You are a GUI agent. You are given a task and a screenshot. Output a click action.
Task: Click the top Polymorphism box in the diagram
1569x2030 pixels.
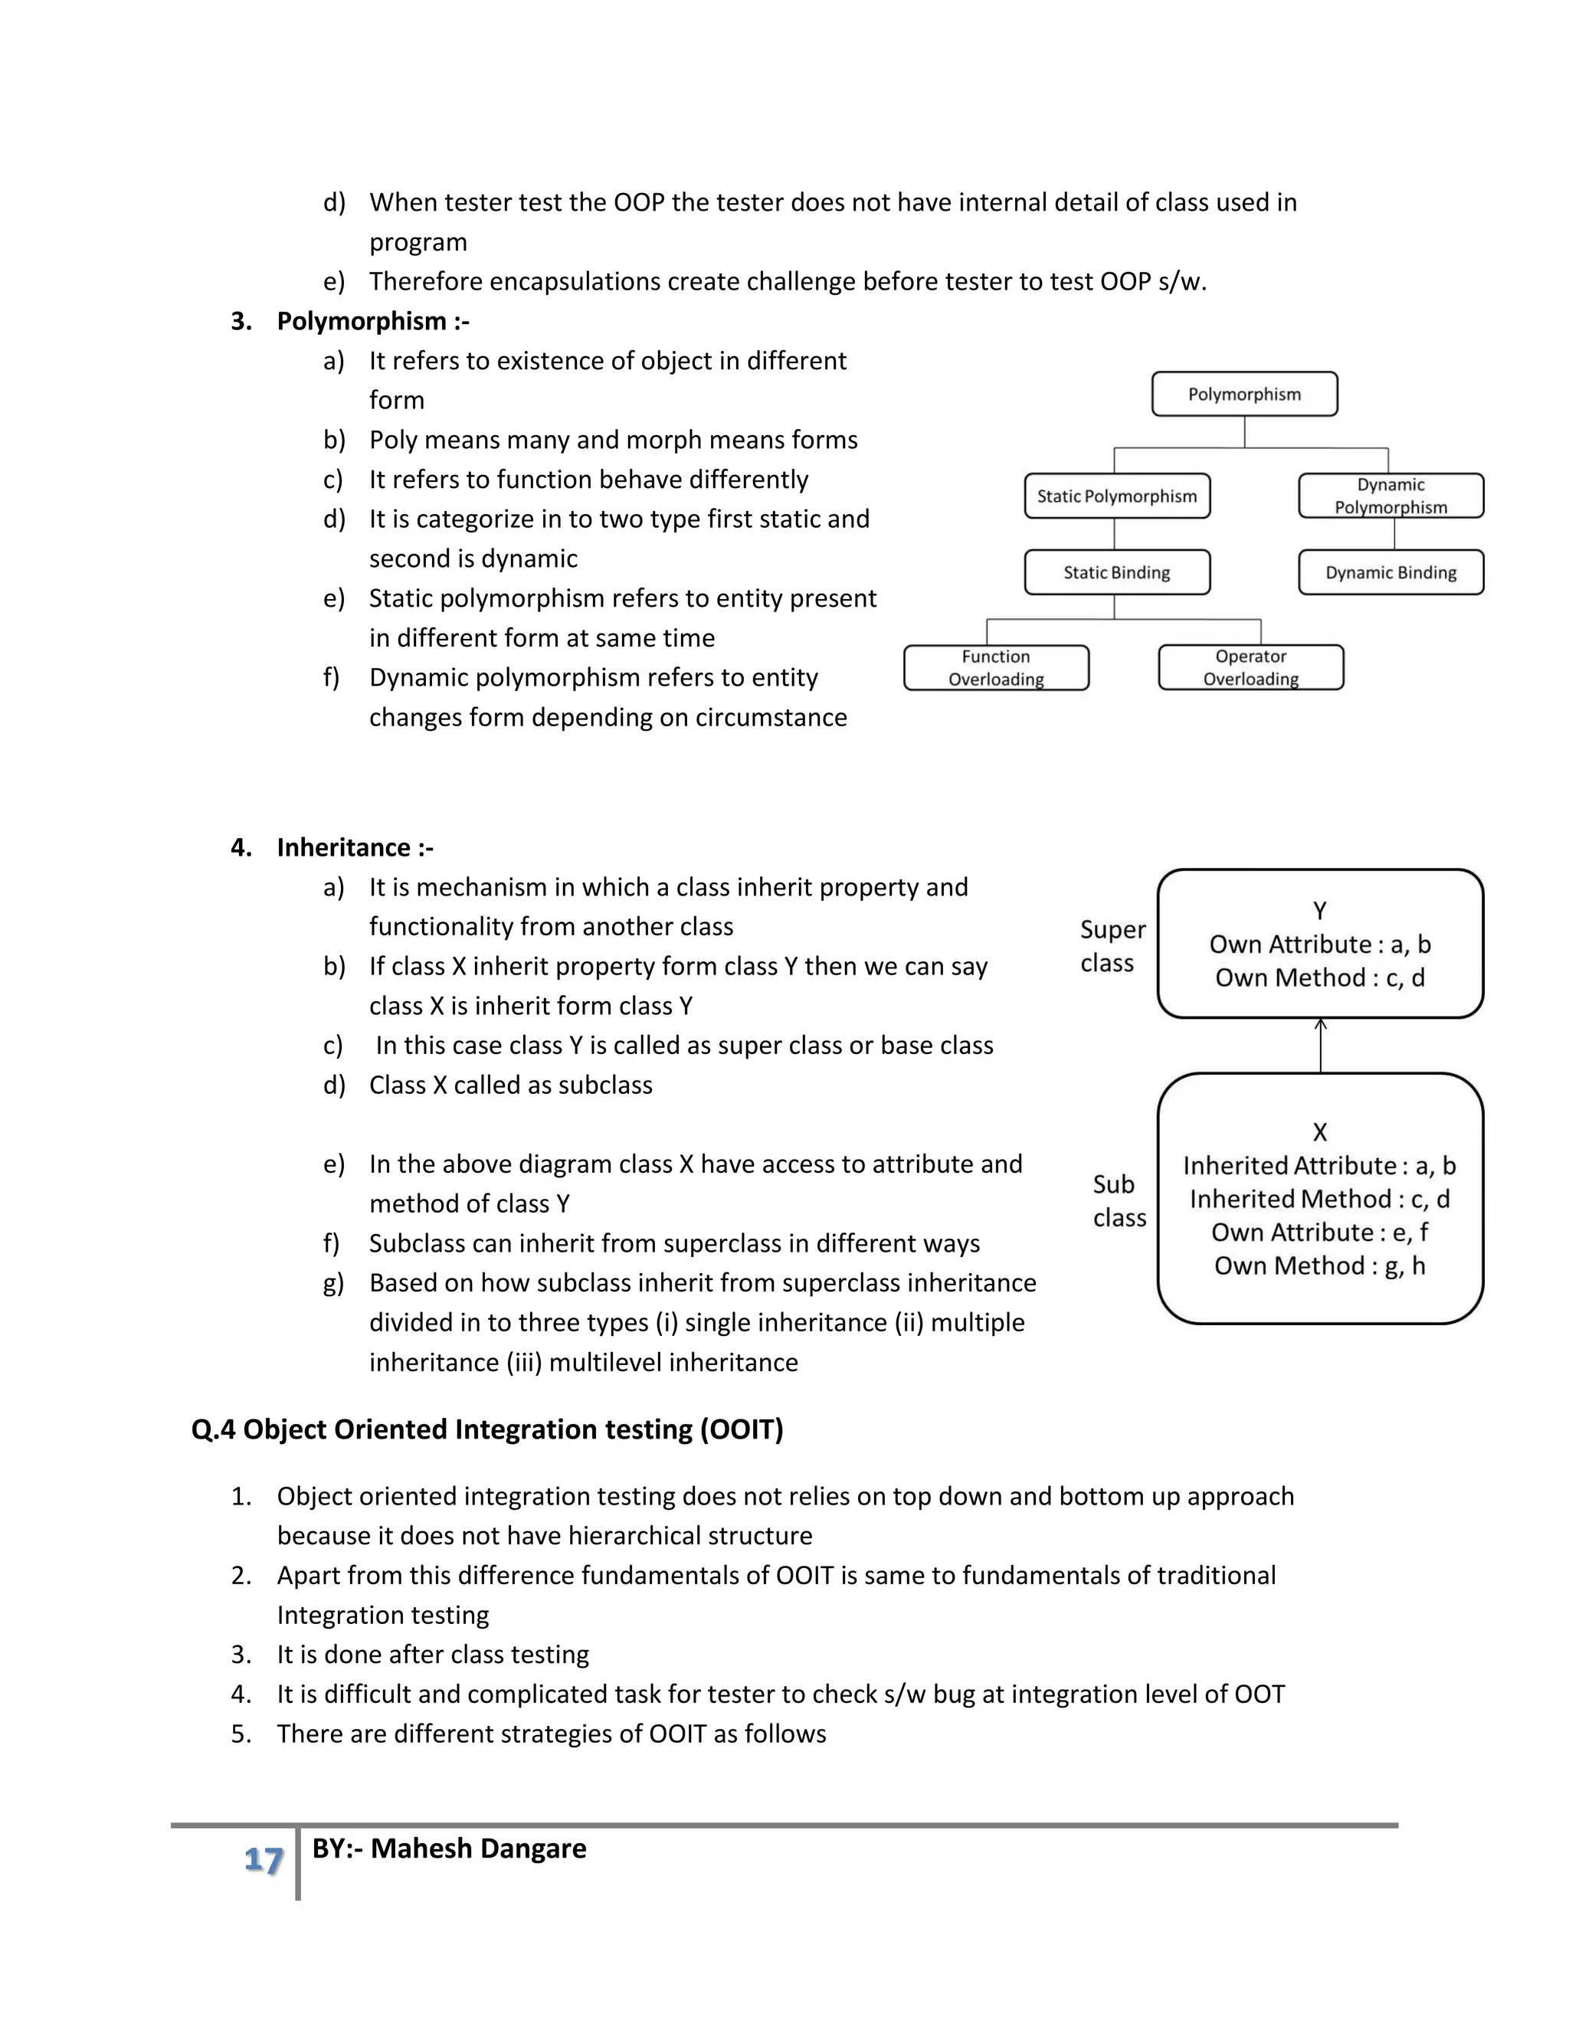click(x=1243, y=394)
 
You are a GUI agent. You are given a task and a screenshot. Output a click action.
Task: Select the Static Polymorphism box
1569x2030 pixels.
click(x=1116, y=496)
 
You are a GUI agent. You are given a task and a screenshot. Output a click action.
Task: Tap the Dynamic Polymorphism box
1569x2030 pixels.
click(x=1390, y=496)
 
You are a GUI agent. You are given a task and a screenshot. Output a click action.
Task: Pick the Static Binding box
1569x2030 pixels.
click(x=1116, y=572)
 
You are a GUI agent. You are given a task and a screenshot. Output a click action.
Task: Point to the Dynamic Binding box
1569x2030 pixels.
click(x=1390, y=572)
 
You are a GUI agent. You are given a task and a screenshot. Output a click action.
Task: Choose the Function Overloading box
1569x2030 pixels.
click(x=995, y=667)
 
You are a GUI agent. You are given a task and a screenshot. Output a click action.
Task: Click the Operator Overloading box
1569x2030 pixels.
click(x=1250, y=667)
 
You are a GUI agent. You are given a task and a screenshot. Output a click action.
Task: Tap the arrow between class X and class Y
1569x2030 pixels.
click(x=1320, y=1046)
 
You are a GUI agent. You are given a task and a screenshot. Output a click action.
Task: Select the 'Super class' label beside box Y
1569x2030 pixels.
click(x=1112, y=946)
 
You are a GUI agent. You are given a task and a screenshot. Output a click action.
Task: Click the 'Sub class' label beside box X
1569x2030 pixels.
click(x=1119, y=1201)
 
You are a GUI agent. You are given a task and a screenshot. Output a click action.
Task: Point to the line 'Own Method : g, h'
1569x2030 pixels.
click(x=1319, y=1266)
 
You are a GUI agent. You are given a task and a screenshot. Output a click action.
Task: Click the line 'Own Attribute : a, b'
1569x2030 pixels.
click(x=1319, y=945)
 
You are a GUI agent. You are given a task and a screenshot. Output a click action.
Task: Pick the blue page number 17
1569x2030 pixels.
click(x=263, y=1860)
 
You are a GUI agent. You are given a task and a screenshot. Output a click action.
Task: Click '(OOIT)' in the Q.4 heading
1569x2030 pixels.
click(x=742, y=1429)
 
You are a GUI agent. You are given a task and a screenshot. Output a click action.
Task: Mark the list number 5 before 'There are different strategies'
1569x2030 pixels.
click(x=240, y=1734)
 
